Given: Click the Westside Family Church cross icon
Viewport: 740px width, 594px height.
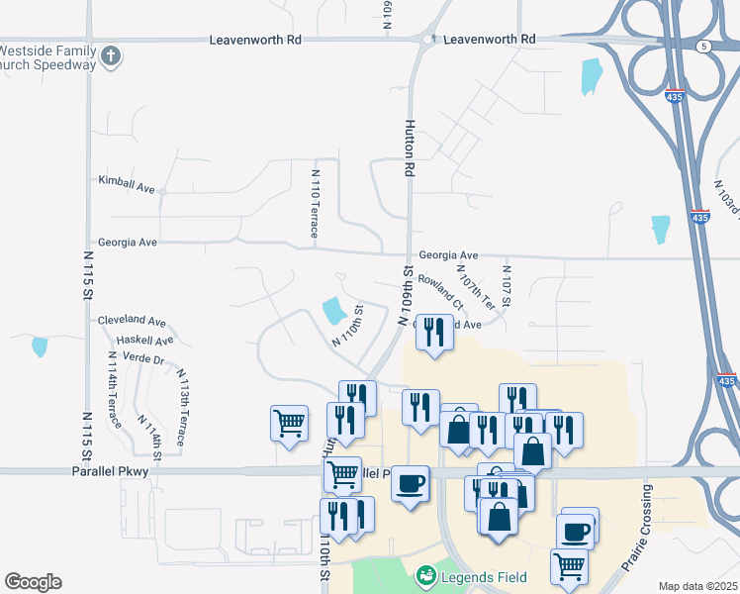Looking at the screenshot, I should [111, 56].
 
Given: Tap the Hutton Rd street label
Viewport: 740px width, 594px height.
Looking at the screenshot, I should [408, 148].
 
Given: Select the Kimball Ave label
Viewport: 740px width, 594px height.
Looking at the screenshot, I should [127, 185].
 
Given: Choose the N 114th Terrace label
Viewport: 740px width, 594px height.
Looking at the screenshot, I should [112, 389].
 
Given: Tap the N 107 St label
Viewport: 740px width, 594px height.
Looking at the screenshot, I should [506, 286].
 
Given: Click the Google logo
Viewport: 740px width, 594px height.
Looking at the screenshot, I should [33, 582].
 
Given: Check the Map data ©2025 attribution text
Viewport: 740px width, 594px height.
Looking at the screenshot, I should [696, 586].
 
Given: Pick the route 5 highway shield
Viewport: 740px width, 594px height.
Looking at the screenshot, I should [702, 46].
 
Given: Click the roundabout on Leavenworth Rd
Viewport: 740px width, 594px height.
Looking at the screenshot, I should [427, 40].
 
